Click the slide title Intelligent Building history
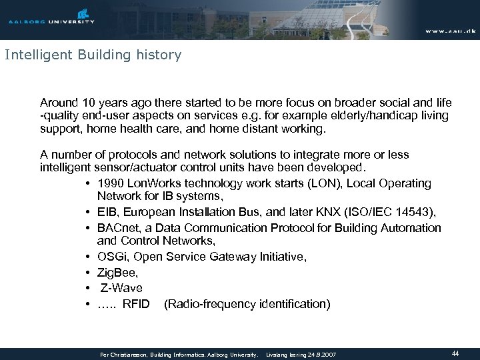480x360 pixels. point(93,55)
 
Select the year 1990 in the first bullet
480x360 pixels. point(109,183)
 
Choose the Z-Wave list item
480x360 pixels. point(121,288)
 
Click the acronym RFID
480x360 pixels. point(137,304)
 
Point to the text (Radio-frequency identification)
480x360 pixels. point(246,304)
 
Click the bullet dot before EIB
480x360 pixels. point(88,213)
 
